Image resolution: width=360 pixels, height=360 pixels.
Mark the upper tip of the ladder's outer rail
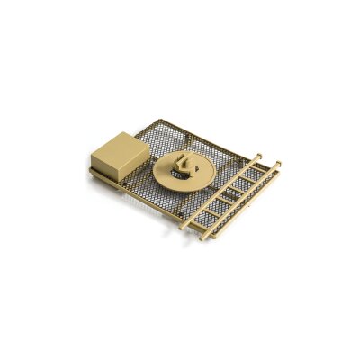[x=279, y=163]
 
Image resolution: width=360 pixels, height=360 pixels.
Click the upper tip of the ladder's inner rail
[x=260, y=155]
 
